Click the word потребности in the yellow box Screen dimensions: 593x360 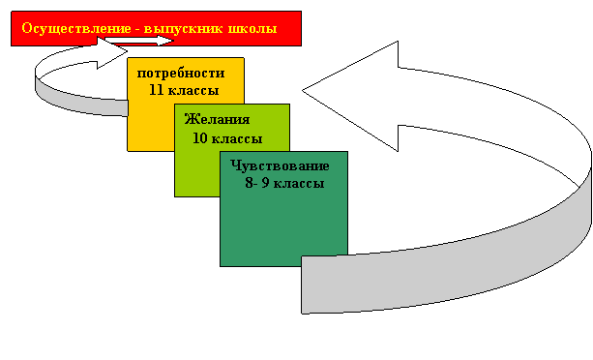[x=181, y=73]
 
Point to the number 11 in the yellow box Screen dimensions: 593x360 [x=156, y=90]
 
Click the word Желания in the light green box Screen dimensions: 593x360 [x=217, y=119]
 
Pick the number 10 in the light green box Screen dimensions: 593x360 [x=200, y=138]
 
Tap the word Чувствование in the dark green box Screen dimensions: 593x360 [x=280, y=166]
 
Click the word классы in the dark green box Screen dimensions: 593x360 [x=299, y=184]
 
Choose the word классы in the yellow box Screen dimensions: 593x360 [x=193, y=91]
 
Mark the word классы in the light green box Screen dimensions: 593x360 [x=237, y=138]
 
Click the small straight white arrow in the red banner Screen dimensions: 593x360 [x=139, y=41]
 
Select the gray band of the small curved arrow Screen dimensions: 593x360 [x=75, y=102]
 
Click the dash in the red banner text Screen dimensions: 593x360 [x=137, y=30]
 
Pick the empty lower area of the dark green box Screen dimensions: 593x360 [x=283, y=226]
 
